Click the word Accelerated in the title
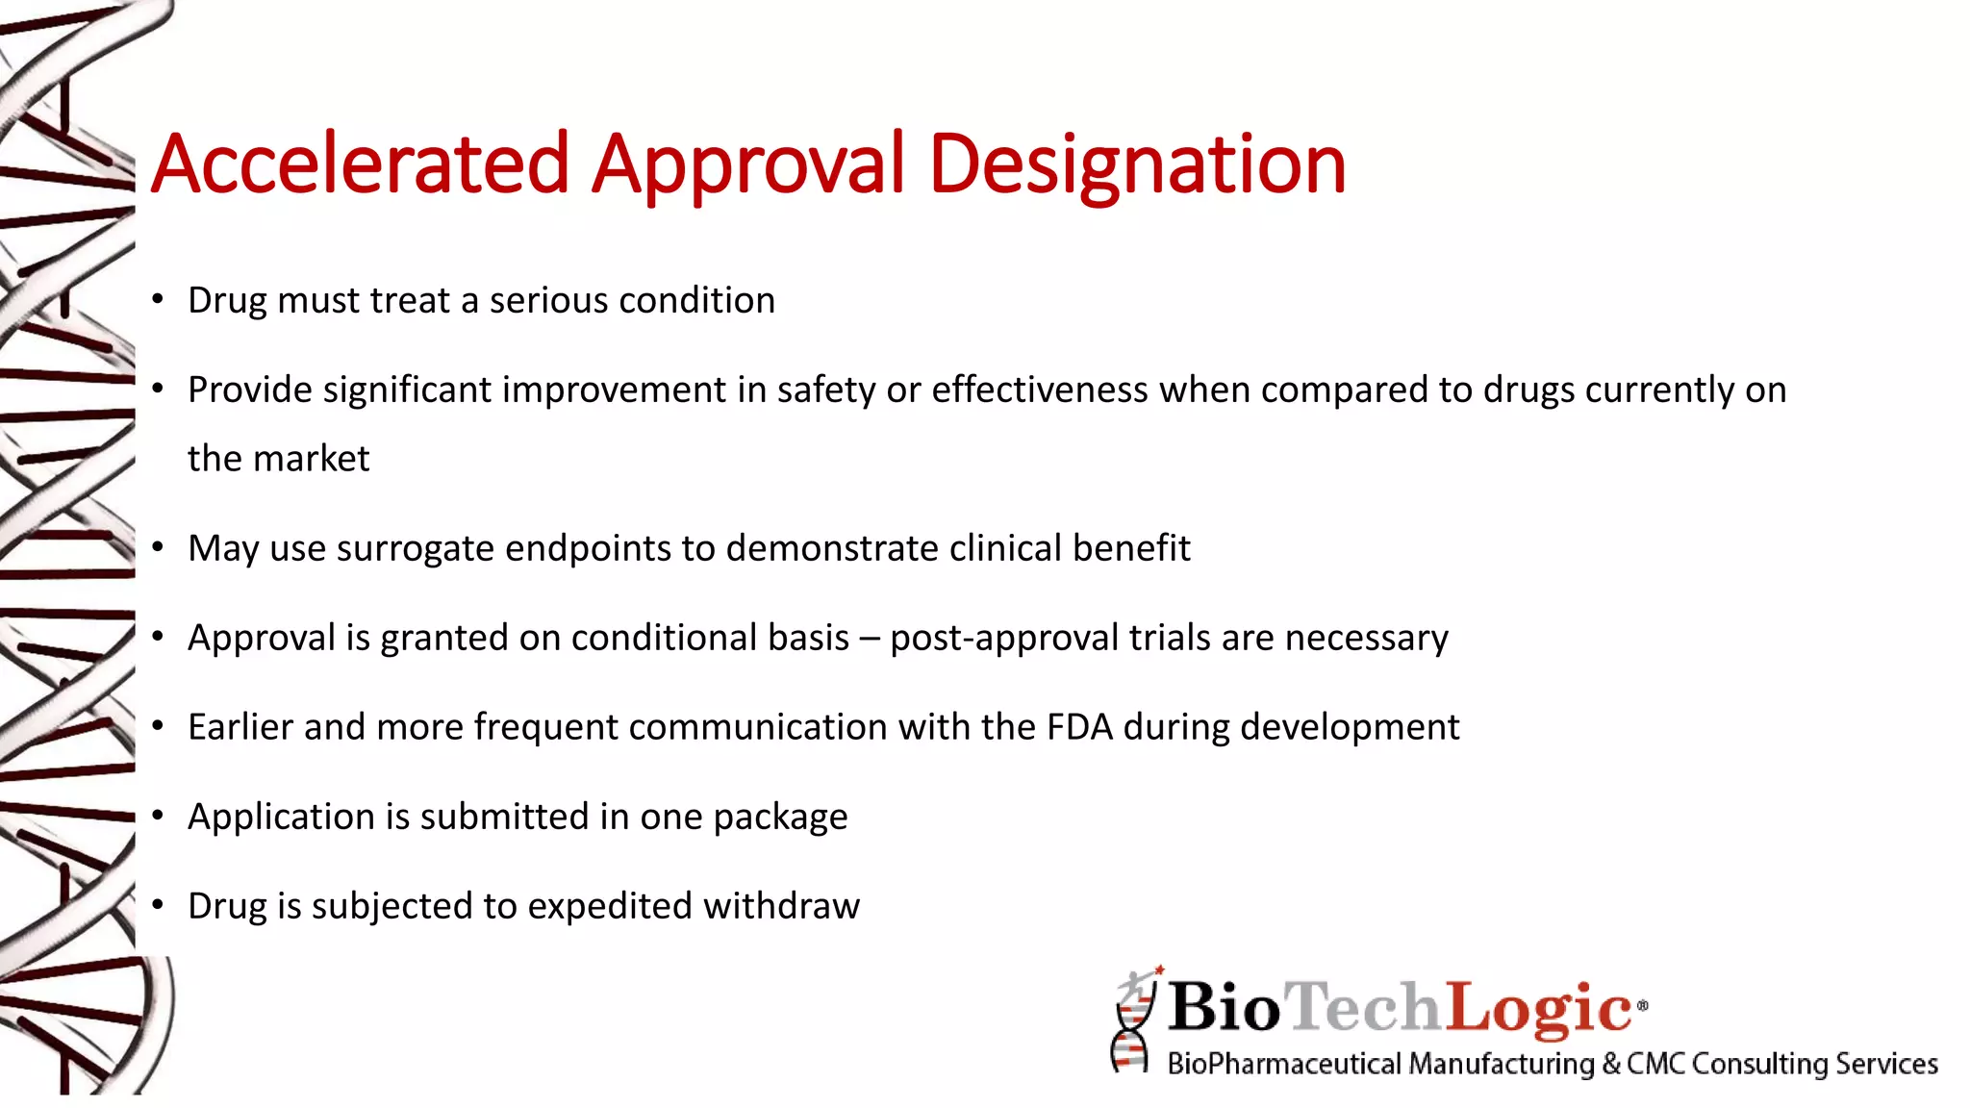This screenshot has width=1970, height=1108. pos(361,164)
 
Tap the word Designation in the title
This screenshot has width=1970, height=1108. pos(1137,164)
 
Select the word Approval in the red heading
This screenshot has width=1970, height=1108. pos(748,164)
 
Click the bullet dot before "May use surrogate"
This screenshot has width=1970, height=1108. pos(158,547)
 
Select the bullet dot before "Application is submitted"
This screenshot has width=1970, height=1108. pos(158,816)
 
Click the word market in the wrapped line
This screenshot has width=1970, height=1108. pos(311,459)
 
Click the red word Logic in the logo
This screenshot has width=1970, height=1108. pos(1539,1007)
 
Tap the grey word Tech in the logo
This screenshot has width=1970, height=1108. pos(1363,1007)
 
